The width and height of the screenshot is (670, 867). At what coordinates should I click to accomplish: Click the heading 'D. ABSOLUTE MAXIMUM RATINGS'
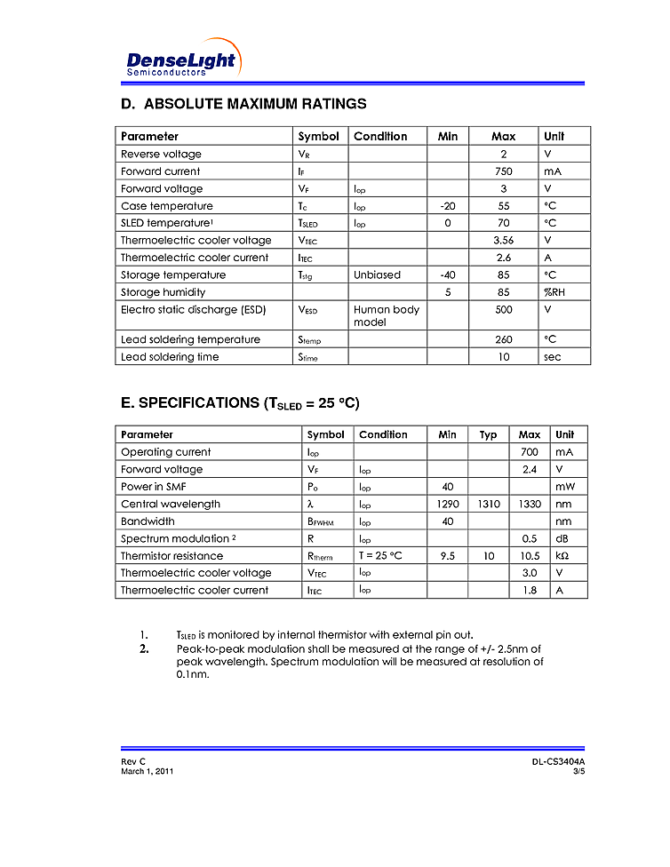243,104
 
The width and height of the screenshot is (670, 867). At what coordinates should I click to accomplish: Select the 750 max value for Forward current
503,171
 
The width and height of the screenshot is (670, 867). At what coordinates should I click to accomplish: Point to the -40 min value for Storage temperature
448,275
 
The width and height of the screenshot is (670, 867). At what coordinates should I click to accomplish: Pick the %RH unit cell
554,292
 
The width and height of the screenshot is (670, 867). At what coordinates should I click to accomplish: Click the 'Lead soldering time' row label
170,357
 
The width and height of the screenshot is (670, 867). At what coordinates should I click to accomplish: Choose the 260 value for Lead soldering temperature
503,340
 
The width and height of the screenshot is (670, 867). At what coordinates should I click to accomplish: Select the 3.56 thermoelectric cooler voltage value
503,241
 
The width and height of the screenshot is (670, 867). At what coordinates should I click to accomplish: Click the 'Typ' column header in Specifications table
488,435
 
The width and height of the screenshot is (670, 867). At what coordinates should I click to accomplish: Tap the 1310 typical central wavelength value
488,505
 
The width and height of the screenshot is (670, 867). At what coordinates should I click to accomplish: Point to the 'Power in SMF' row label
154,487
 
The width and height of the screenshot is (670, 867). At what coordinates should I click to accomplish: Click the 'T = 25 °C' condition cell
380,556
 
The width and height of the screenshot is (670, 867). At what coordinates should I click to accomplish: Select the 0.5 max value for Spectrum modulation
529,539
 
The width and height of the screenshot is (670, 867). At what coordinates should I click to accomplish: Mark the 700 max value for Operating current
529,452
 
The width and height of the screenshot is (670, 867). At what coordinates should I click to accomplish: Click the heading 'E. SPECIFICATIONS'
240,403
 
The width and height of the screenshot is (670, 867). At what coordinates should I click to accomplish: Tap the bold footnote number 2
143,648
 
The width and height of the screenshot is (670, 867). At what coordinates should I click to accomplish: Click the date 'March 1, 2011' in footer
147,771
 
